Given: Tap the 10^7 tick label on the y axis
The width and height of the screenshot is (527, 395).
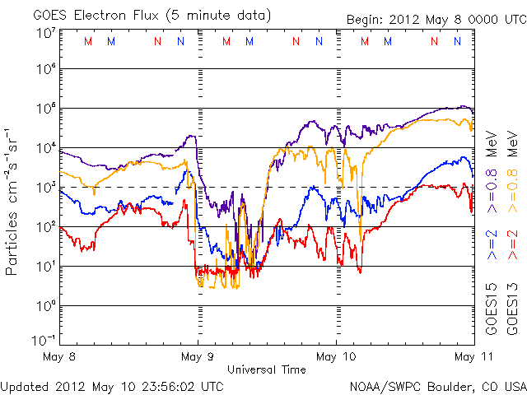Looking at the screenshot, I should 44,33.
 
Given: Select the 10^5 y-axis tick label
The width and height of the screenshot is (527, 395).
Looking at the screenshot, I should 44,109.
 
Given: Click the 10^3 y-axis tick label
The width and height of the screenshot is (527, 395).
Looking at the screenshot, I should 44,188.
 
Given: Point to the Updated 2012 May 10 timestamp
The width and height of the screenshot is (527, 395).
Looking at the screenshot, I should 112,386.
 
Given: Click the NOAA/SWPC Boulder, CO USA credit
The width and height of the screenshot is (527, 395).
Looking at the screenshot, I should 437,386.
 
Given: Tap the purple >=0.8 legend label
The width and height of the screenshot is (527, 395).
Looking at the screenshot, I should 491,192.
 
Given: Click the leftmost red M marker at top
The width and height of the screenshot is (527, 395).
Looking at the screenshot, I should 88,41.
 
